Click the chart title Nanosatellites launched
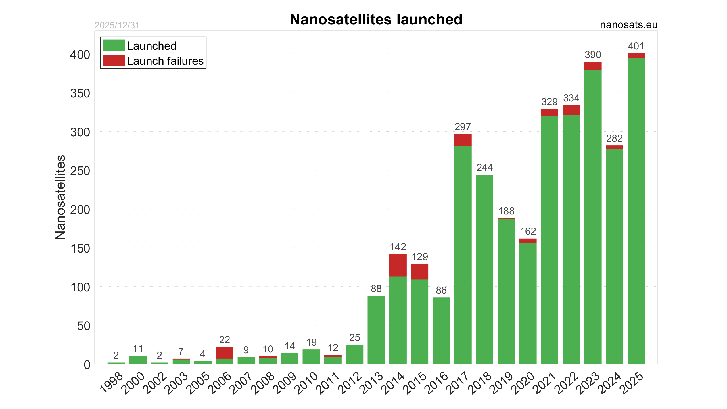376,19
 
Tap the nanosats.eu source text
628,25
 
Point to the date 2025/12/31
117,25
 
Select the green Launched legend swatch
114,45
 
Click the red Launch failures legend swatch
114,60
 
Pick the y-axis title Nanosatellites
60,197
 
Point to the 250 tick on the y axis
80,171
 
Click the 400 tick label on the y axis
80,55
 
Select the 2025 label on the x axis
632,383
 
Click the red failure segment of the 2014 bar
398,265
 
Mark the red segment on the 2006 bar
224,353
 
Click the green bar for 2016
441,331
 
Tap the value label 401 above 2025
636,46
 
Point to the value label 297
463,127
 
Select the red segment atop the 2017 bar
463,140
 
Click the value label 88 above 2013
376,289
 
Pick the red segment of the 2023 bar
593,66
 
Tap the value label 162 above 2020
528,231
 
